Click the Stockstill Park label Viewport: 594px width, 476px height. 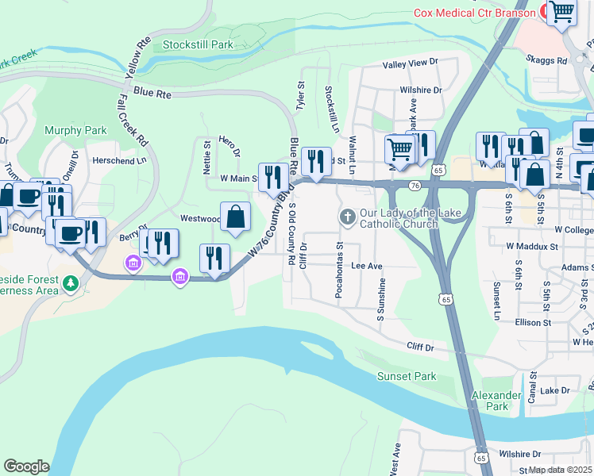click(x=198, y=44)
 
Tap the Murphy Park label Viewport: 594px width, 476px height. click(x=75, y=130)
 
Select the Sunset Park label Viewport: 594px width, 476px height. click(x=407, y=376)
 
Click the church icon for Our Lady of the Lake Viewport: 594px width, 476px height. click(x=347, y=217)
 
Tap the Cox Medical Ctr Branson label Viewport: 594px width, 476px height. click(x=475, y=13)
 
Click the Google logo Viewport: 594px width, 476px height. click(x=26, y=466)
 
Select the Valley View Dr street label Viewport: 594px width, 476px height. click(x=410, y=63)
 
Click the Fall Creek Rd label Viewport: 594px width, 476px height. click(x=133, y=121)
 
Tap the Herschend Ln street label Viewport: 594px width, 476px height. click(x=120, y=159)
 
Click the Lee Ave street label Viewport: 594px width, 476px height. click(x=367, y=267)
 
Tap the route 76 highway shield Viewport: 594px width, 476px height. click(x=415, y=185)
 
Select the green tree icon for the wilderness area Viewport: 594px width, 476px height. click(x=71, y=282)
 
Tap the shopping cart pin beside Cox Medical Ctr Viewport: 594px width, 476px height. click(x=562, y=13)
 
